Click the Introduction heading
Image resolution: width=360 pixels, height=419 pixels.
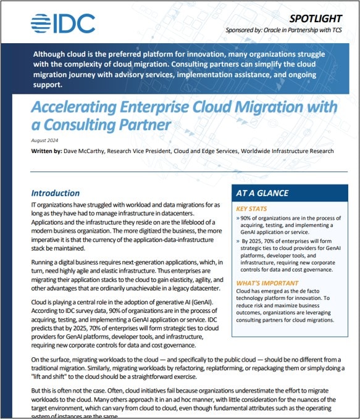click(x=56, y=193)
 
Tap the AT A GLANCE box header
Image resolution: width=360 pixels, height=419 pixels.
click(x=262, y=193)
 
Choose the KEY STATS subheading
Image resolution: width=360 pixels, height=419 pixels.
click(x=253, y=209)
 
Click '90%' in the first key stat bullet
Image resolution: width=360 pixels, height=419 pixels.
click(x=246, y=218)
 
